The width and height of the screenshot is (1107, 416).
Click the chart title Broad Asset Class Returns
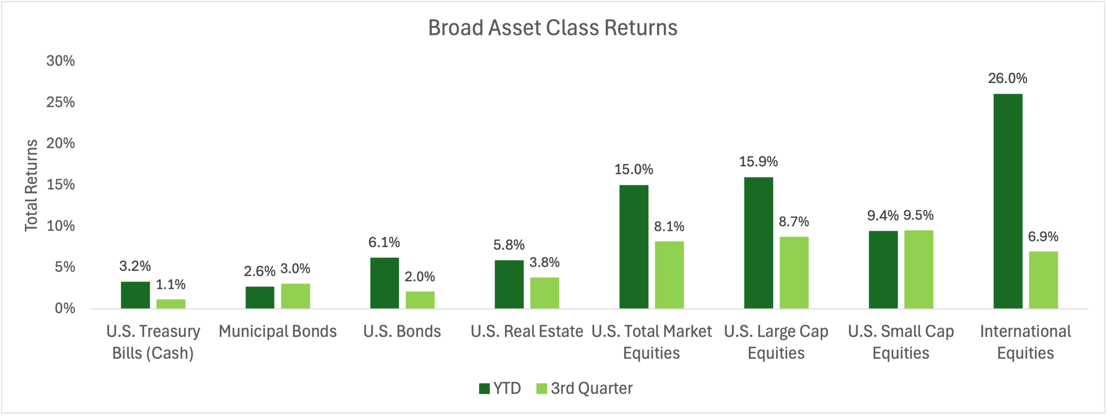coord(553,28)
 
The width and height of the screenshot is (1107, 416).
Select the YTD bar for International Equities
coord(1008,201)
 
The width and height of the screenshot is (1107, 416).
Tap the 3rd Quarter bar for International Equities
coord(1043,280)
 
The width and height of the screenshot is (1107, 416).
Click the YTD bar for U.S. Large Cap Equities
coord(758,243)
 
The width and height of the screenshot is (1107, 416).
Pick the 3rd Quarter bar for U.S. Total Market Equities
coord(669,275)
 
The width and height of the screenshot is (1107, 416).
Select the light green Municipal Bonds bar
coord(295,296)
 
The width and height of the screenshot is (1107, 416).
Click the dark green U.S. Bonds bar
coord(384,283)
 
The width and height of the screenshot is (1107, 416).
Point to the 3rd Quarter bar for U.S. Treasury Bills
coord(171,304)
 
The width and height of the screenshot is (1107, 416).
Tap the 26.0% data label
coord(1008,78)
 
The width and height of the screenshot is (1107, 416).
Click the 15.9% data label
coord(758,162)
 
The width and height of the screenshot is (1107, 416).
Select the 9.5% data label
coord(918,215)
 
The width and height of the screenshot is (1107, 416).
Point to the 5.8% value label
coord(509,245)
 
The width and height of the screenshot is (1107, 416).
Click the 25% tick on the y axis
coord(61,102)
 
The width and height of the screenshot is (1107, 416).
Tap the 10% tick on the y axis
coord(61,226)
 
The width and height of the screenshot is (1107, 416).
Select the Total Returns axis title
coord(31,186)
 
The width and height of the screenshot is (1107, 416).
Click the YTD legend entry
coord(500,388)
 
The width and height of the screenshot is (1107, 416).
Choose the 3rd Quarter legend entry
coord(584,388)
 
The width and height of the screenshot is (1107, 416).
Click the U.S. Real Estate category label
coord(527,331)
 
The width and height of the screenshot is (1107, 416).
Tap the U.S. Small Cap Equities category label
coord(901,342)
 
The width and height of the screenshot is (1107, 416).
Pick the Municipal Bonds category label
coord(278,331)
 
